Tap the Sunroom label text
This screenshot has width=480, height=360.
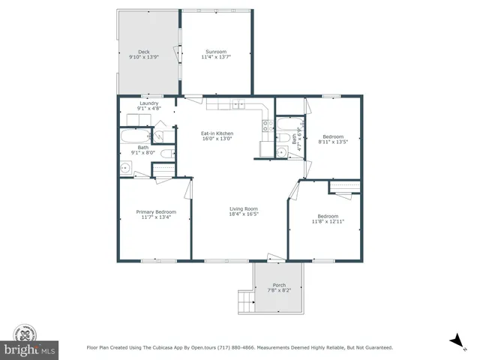click(217, 52)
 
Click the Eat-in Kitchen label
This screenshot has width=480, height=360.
click(216, 133)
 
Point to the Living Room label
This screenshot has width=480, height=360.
click(244, 208)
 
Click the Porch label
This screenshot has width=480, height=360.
click(279, 285)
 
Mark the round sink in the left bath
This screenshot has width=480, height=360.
click(126, 168)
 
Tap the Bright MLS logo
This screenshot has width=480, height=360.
click(29, 343)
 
